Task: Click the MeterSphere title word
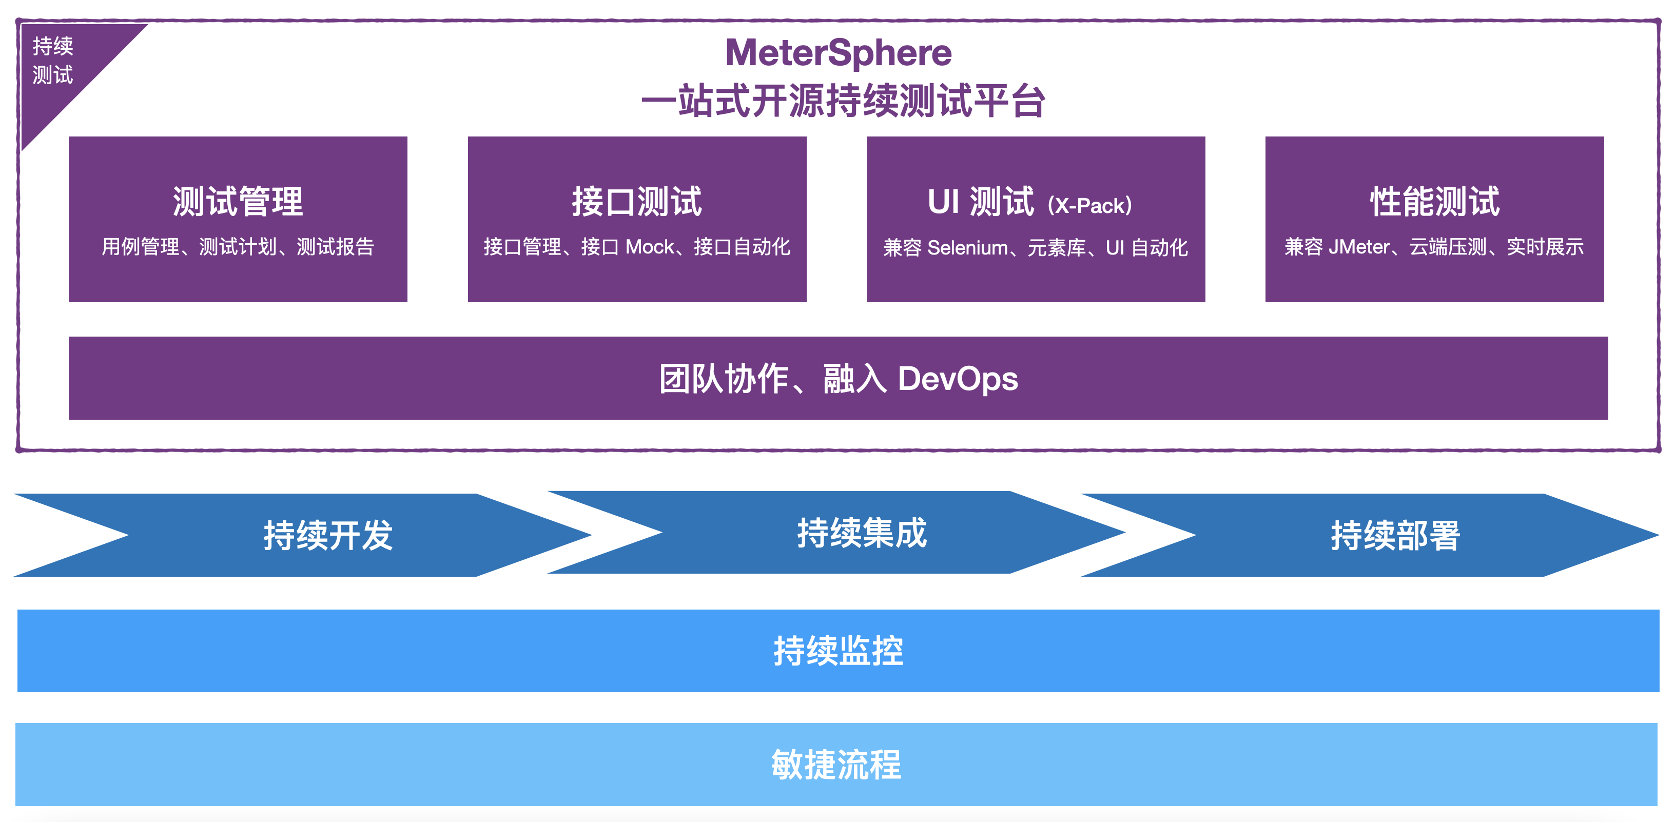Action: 838,53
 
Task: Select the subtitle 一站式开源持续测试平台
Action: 843,102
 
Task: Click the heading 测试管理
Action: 238,201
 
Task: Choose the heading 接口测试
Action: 636,201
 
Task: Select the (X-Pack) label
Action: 1090,205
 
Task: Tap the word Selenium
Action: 967,248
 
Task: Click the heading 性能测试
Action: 1434,201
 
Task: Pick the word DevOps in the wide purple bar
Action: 958,379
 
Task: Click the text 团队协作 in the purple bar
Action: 724,379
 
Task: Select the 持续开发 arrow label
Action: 328,535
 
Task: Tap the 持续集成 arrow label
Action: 862,533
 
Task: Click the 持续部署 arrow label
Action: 1395,535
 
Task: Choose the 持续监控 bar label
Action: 838,650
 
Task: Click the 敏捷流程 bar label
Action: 836,764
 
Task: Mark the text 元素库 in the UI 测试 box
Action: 1057,248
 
